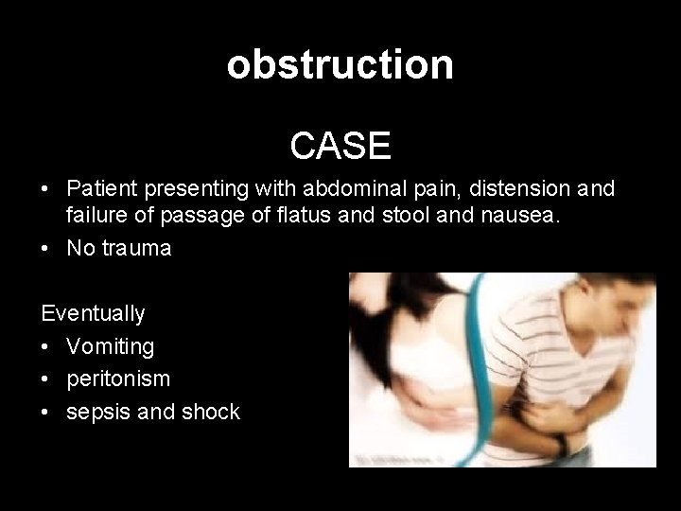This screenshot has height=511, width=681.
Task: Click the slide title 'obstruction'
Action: pos(340,64)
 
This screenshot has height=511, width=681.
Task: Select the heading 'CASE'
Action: pos(340,145)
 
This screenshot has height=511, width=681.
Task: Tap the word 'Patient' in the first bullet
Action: pos(103,189)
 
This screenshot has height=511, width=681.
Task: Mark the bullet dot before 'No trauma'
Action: pos(45,250)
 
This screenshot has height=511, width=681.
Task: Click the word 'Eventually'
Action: pos(93,313)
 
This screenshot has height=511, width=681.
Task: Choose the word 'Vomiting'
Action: pos(110,346)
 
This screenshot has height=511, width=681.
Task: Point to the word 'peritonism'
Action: pos(118,379)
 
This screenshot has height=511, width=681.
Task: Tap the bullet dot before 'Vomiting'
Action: pos(45,347)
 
